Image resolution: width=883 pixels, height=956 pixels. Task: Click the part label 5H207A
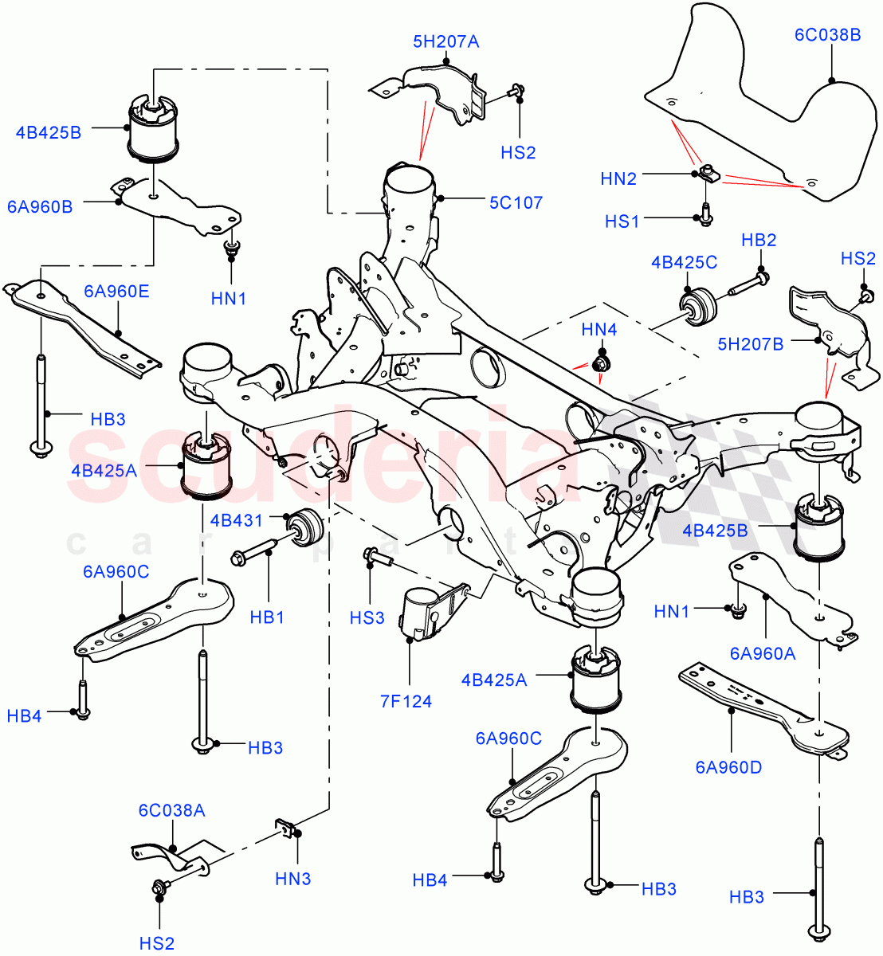point(445,41)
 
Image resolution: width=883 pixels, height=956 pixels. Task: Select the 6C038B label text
point(827,34)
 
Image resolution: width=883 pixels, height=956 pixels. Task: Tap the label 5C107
point(516,202)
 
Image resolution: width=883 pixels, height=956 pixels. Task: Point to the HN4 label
point(598,329)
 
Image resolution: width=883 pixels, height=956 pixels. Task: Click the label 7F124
point(406,701)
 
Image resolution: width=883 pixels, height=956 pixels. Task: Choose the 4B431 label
point(236,521)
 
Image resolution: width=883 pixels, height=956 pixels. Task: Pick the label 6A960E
point(116,291)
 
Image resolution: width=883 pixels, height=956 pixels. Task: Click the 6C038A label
point(171,810)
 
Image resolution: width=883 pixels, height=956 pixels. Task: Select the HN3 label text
point(292,879)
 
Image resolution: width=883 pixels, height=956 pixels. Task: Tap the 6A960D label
point(728,767)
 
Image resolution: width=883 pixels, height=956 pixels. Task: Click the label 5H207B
point(750,343)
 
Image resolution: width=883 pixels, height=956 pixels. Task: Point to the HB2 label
point(759,240)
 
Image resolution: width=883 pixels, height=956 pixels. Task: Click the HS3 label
point(367,617)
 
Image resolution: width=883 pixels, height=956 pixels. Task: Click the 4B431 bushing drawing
point(305,527)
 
